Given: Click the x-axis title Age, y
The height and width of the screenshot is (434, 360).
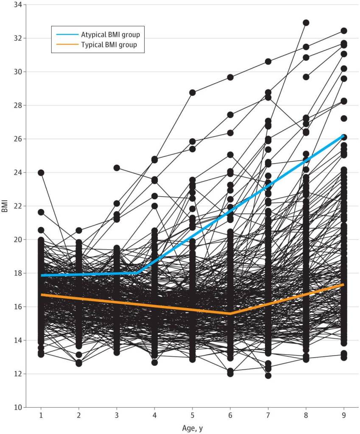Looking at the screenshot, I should (192, 428).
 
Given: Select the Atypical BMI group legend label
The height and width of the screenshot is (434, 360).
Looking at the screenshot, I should (110, 35).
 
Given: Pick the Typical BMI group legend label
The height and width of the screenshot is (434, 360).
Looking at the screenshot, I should (109, 45).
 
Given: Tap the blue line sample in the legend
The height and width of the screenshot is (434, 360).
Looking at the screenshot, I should (66, 35).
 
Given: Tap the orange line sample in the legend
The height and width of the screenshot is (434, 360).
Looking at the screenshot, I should (66, 45).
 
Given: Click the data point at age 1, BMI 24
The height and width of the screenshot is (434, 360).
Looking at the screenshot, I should (41, 172).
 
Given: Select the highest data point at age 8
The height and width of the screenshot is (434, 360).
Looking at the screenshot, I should (306, 22).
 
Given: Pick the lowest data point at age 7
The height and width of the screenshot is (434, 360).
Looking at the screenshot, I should (268, 376).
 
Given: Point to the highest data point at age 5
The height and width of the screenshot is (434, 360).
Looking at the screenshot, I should (192, 92).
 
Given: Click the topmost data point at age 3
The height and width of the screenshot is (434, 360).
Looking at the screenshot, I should (117, 168).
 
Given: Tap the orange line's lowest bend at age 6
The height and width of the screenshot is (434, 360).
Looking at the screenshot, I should (230, 314).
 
